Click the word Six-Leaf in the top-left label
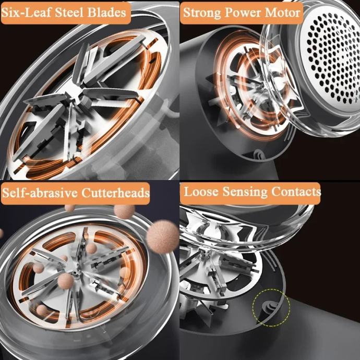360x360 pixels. click(x=27, y=13)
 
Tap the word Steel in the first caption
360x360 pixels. click(x=69, y=13)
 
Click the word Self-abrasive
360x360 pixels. click(x=40, y=193)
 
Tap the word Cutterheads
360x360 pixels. click(x=115, y=193)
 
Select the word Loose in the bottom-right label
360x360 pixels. click(x=201, y=191)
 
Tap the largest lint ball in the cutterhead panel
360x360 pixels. click(x=162, y=236)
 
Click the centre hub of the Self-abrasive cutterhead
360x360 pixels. click(x=75, y=273)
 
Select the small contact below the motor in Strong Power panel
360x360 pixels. click(x=259, y=154)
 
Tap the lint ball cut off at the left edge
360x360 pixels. click(x=1, y=233)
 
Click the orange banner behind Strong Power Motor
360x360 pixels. click(x=242, y=13)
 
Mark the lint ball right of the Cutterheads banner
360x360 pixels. click(x=124, y=211)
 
